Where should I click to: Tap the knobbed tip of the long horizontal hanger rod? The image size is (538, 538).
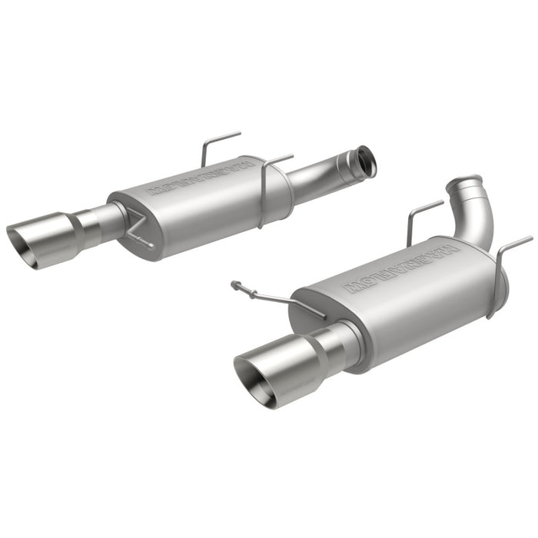click(x=235, y=285)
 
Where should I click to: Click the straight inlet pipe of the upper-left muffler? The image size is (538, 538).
click(x=323, y=173)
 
